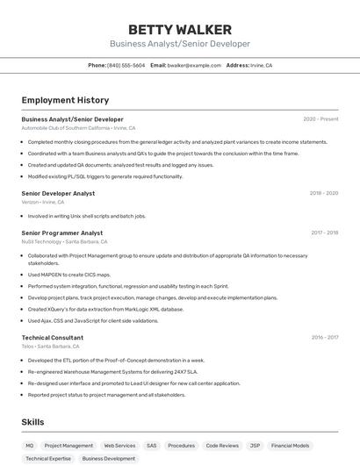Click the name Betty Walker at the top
pyautogui.click(x=180, y=29)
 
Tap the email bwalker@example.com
pyautogui.click(x=194, y=65)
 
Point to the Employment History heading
pyautogui.click(x=65, y=100)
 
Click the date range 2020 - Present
pyautogui.click(x=320, y=118)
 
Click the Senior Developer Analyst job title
pyautogui.click(x=58, y=193)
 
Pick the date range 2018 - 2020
pyautogui.click(x=324, y=193)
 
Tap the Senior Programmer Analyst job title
pyautogui.click(x=62, y=232)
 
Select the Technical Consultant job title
pyautogui.click(x=53, y=337)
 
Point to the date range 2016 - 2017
pyautogui.click(x=324, y=337)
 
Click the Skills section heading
pyautogui.click(x=33, y=422)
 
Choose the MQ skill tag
pyautogui.click(x=30, y=446)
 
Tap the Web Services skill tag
pyautogui.click(x=119, y=446)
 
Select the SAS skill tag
pyautogui.click(x=152, y=446)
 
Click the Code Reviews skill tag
pyautogui.click(x=222, y=446)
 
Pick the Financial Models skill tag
pyautogui.click(x=290, y=446)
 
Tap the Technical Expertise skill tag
pyautogui.click(x=48, y=458)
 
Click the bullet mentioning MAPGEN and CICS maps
pyautogui.click(x=69, y=275)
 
